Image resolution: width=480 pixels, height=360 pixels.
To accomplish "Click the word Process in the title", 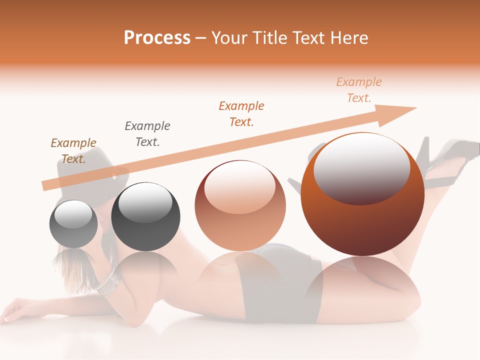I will point(157,37).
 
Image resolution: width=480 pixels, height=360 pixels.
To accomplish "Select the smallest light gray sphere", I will point(73,224).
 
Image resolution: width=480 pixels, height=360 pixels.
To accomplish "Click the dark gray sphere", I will point(145,217).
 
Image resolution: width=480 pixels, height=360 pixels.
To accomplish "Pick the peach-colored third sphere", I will point(240,206).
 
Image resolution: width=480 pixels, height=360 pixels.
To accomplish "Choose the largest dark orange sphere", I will point(362,194).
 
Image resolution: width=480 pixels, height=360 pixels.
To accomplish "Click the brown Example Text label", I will point(73,150).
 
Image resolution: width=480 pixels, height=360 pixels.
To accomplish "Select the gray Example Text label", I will point(147,133).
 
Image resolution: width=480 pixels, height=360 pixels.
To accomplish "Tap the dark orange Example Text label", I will point(241,113).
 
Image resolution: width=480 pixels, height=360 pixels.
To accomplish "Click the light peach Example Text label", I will point(359,90).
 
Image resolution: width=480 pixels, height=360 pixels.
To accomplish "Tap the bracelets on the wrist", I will point(107,282).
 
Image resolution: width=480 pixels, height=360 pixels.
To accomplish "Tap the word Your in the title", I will point(231,37).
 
